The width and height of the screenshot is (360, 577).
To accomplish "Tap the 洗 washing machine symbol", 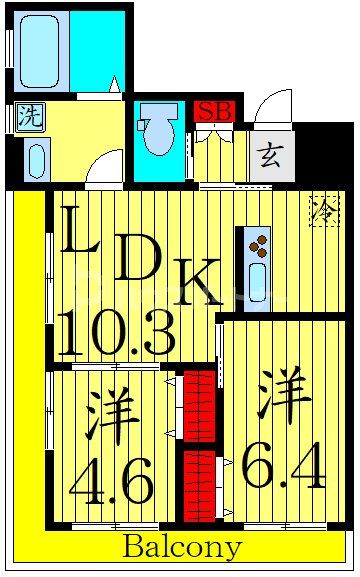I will pos(30,116).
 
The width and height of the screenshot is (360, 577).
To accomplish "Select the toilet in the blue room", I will pos(157,135).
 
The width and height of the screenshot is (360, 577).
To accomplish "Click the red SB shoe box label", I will pos(213,111).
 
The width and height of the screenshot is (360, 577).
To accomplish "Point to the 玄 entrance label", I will pos(269,155).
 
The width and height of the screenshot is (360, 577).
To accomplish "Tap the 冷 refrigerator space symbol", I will pos(324,211).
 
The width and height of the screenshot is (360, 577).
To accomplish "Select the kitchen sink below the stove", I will pos(257,281).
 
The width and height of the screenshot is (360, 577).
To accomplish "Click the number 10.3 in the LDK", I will pos(116,333).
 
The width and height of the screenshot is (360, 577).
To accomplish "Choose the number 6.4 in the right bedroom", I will pos(284,468).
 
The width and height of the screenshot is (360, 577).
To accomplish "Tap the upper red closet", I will pos(200,405).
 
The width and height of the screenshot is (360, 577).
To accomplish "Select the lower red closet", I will pos(199,484).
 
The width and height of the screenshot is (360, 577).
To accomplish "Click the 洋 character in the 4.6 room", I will pos(111,420).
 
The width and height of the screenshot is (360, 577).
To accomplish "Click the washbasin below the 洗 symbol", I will pos(36,159).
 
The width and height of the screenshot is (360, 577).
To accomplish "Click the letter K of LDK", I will pos(201,287).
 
